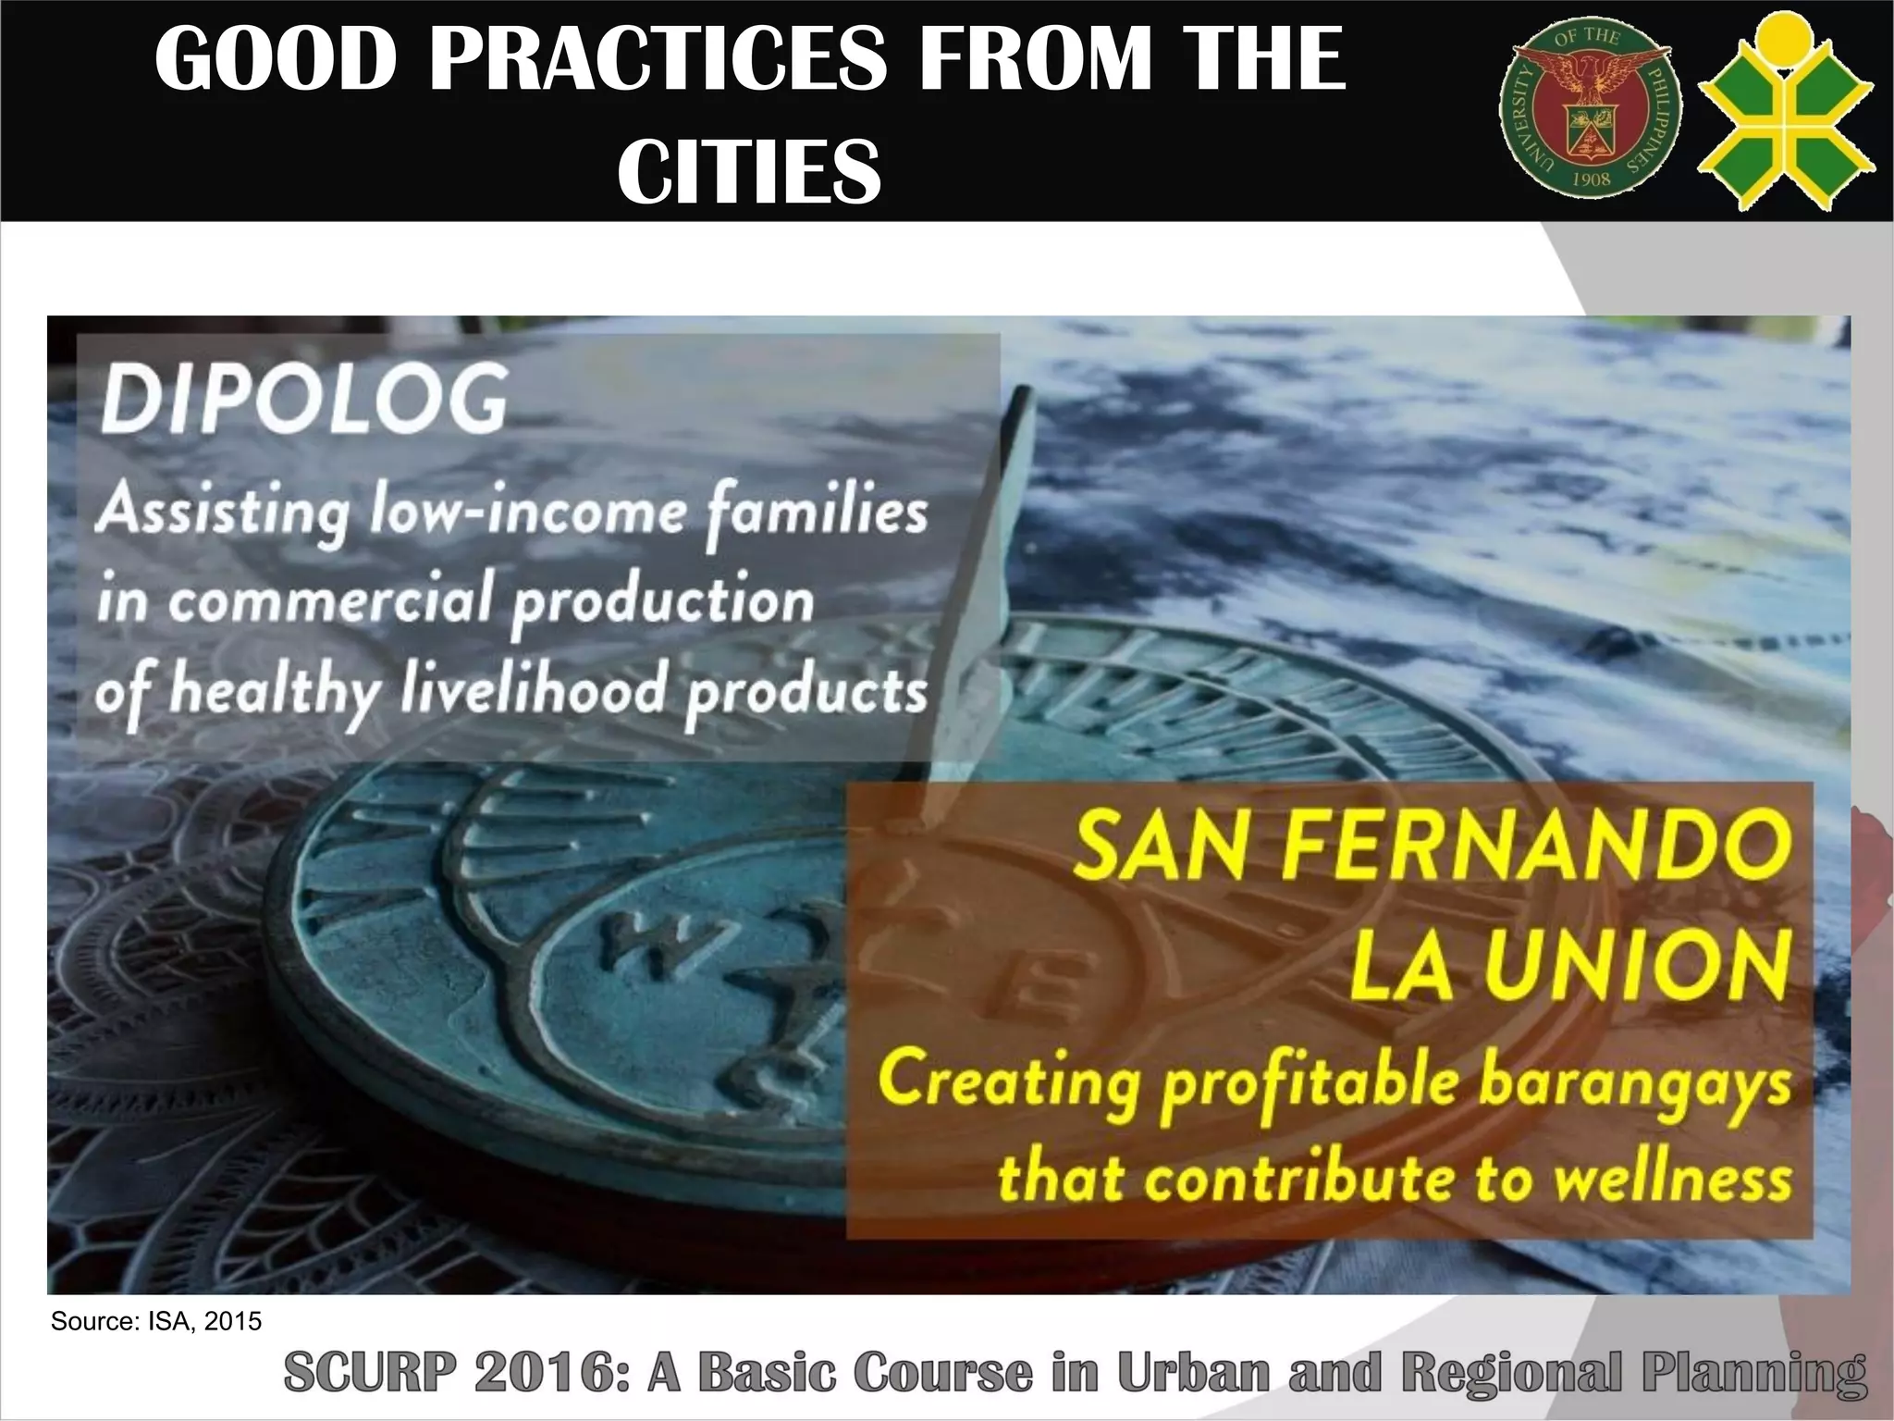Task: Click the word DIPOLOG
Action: pyautogui.click(x=304, y=400)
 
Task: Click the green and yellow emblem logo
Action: pyautogui.click(x=1786, y=109)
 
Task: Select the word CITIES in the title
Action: pyautogui.click(x=749, y=171)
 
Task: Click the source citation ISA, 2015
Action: pyautogui.click(x=156, y=1321)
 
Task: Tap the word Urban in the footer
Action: pyautogui.click(x=1193, y=1373)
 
